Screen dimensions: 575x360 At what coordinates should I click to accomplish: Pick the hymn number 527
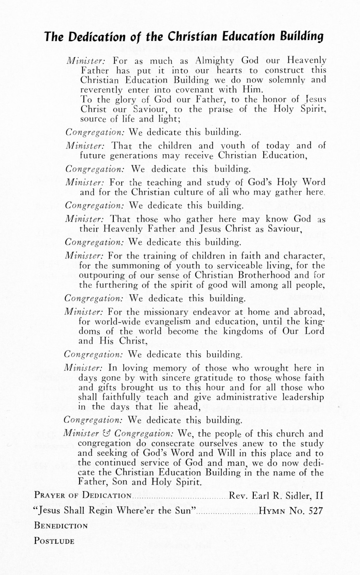point(314,510)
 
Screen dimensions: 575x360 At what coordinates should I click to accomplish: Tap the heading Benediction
point(61,526)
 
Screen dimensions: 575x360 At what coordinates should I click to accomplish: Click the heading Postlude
point(54,541)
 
